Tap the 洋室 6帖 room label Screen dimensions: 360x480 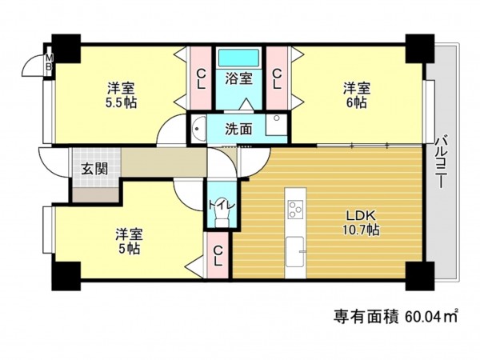click(x=357, y=94)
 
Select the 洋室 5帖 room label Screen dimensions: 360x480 click(x=128, y=241)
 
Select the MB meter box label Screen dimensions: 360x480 click(x=47, y=63)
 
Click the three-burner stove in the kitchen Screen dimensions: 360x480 click(x=294, y=210)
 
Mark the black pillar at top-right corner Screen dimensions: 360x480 click(x=417, y=50)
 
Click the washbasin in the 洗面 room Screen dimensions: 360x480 click(x=198, y=127)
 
